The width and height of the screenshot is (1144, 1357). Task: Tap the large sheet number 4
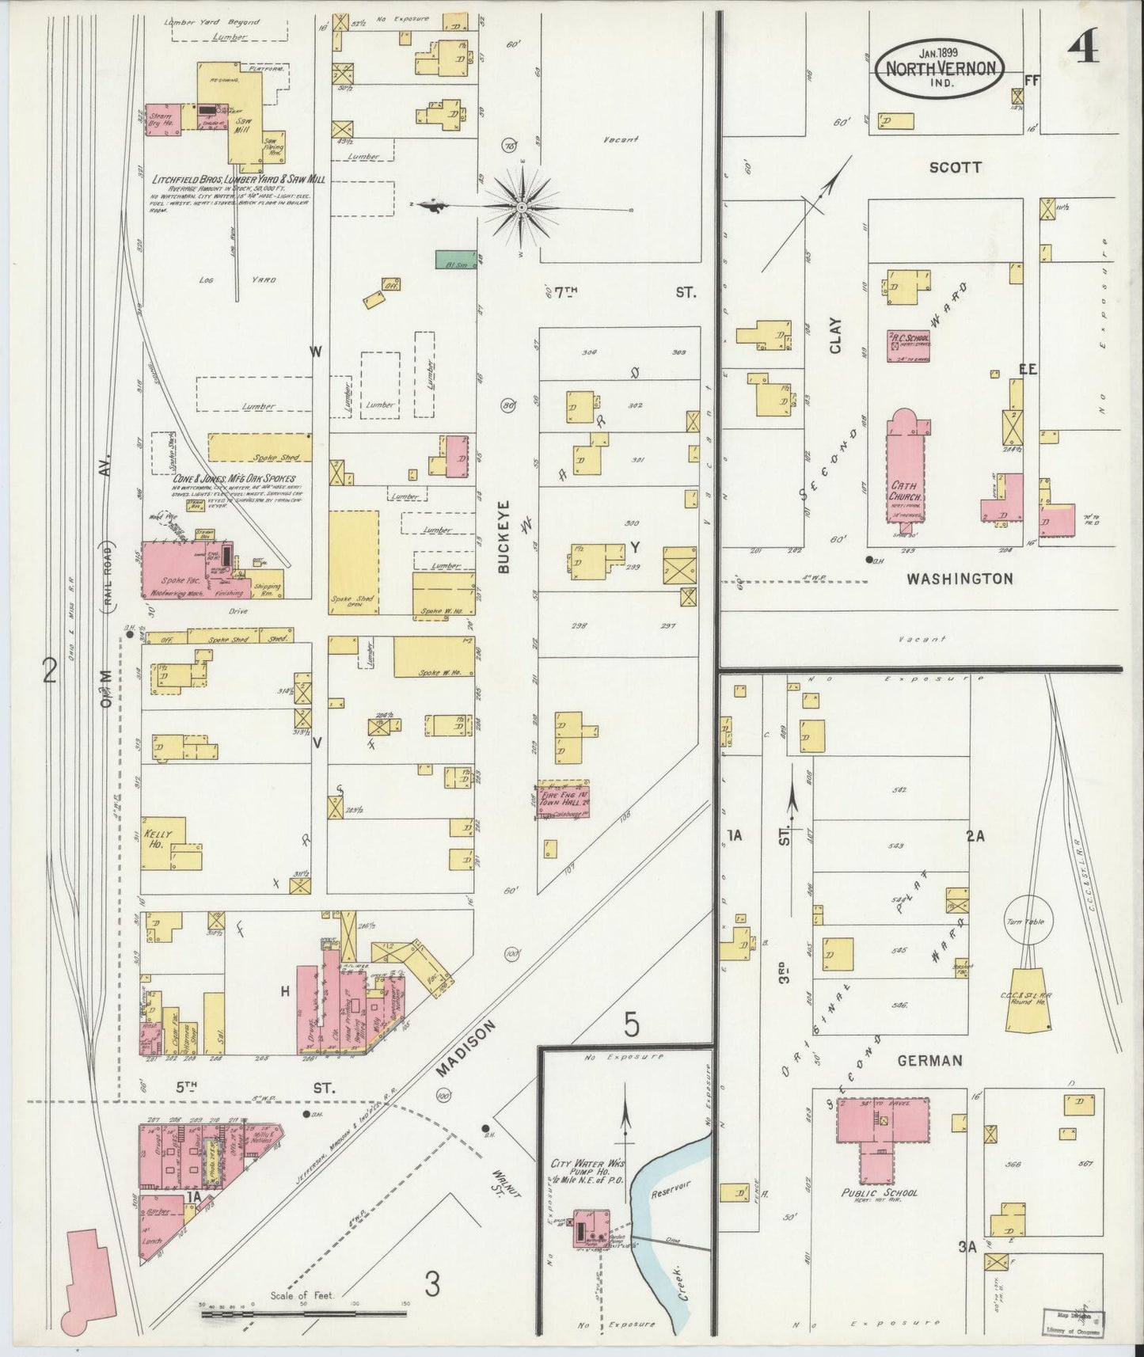[x=1081, y=49]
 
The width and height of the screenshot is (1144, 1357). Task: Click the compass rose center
[x=522, y=207]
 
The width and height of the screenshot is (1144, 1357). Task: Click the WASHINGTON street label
[x=960, y=579]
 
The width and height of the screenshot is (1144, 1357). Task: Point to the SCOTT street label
[x=955, y=168]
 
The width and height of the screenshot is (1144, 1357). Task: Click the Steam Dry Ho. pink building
[x=164, y=119]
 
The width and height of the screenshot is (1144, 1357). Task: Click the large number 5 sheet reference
[x=630, y=1025]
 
